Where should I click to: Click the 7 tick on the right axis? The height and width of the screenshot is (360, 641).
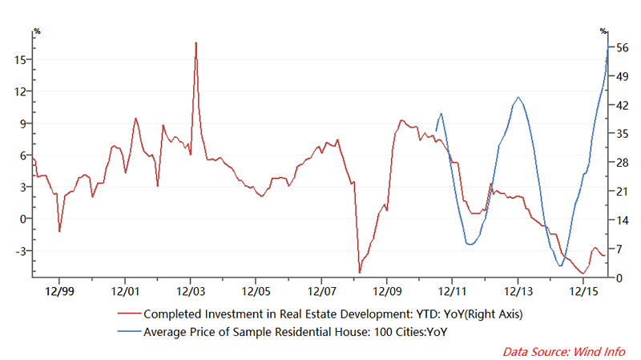pos(619,249)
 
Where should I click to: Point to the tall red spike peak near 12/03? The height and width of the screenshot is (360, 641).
pos(196,42)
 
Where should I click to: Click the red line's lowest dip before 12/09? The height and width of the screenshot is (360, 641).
pos(360,272)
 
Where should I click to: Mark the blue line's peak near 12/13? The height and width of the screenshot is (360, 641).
pos(518,98)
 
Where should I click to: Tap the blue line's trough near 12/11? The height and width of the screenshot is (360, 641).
pos(470,243)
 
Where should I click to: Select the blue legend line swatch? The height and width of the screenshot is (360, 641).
pos(127,330)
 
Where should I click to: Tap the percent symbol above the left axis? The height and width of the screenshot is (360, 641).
pos(36,31)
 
